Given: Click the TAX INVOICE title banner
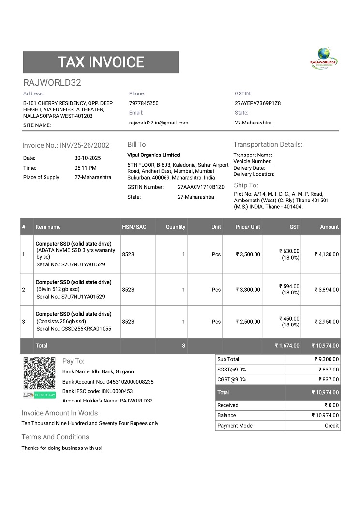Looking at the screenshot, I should pyautogui.click(x=101, y=62).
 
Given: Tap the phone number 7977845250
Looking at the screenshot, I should pyautogui.click(x=144, y=103).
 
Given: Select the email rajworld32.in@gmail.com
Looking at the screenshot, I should pyautogui.click(x=159, y=123).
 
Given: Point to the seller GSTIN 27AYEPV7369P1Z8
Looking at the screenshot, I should pyautogui.click(x=258, y=103).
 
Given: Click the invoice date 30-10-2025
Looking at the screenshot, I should pyautogui.click(x=88, y=158).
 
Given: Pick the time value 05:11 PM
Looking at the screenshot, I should pyautogui.click(x=86, y=168).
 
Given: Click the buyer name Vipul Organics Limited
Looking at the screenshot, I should pyautogui.click(x=153, y=155).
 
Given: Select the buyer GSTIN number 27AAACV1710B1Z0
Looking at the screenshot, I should pyautogui.click(x=201, y=187).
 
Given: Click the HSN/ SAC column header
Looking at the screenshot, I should pyautogui.click(x=134, y=227).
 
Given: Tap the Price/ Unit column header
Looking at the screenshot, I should pyautogui.click(x=248, y=227).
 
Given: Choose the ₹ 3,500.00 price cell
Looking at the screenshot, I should pyautogui.click(x=248, y=254).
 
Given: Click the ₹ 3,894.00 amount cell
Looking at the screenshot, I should pyautogui.click(x=327, y=290).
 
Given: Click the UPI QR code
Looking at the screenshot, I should pyautogui.click(x=39, y=373).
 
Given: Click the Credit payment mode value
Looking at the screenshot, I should pyautogui.click(x=331, y=426).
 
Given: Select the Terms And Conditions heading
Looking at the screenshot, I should pyautogui.click(x=55, y=437).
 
